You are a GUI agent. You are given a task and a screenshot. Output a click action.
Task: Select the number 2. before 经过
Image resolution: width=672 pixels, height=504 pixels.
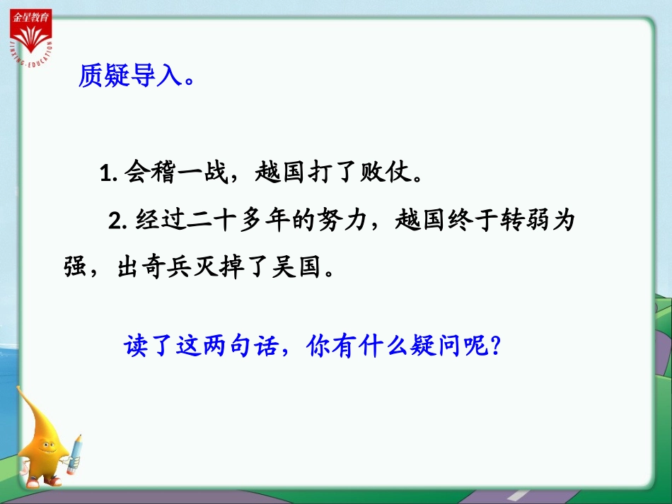click(117, 221)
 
